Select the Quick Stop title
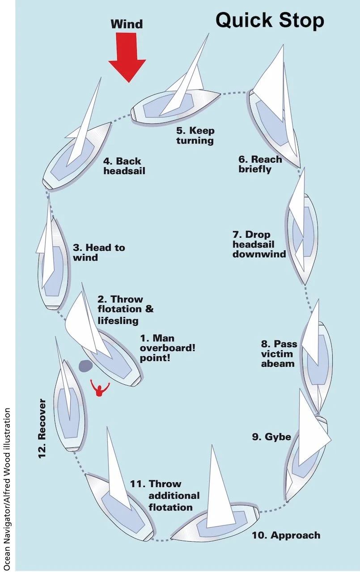pyautogui.click(x=270, y=21)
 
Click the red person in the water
pyautogui.click(x=100, y=388)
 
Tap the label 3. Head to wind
pyautogui.click(x=98, y=252)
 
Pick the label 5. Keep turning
pyautogui.click(x=195, y=135)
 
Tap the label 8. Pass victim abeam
pyautogui.click(x=278, y=353)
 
